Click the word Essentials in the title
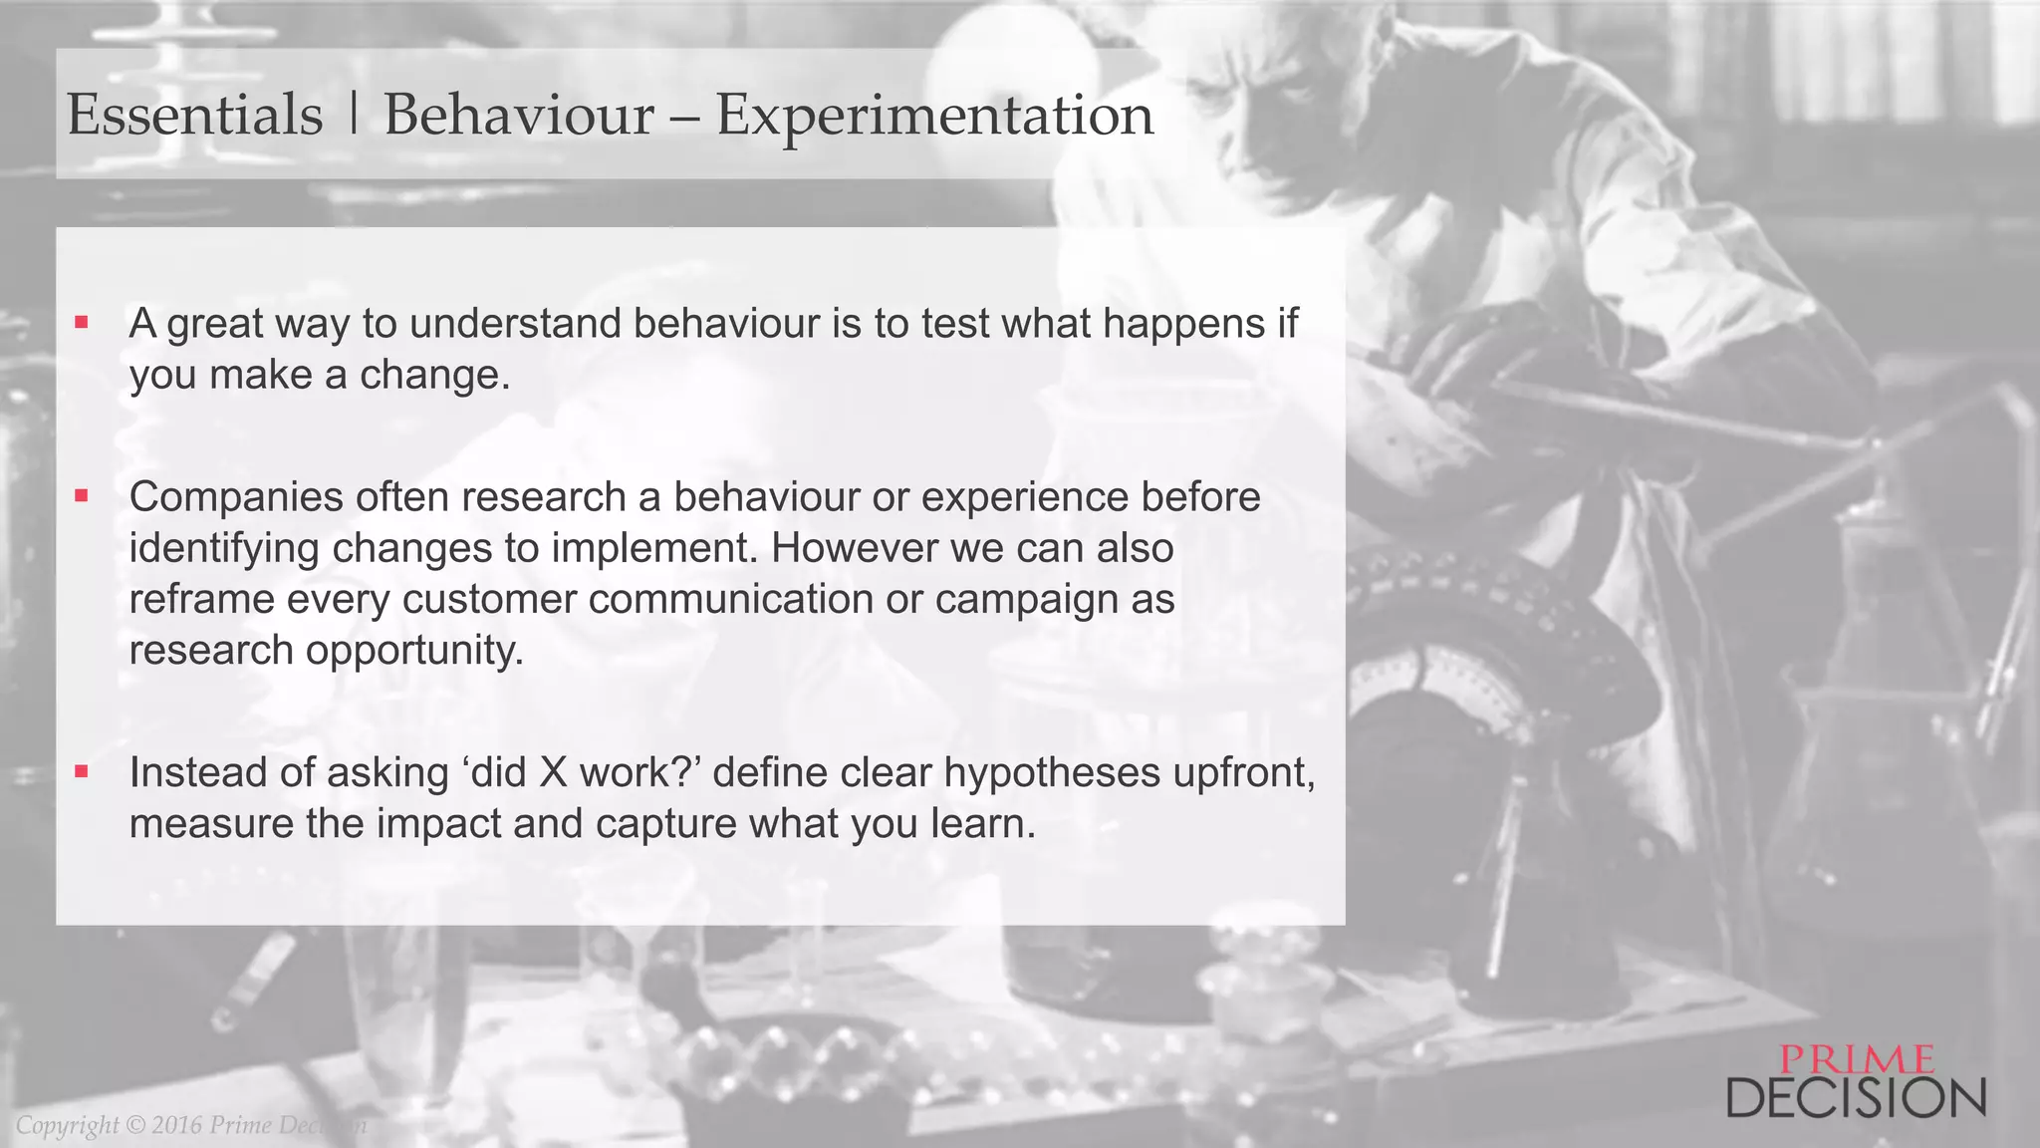(x=195, y=115)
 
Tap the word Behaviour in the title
(x=519, y=115)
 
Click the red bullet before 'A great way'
(x=82, y=322)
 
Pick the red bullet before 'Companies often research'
(x=82, y=495)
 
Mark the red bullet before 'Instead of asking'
(x=82, y=771)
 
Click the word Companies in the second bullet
(x=235, y=497)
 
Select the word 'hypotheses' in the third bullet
(x=1051, y=773)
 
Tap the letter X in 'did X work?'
(x=553, y=773)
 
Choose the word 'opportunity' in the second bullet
(x=413, y=651)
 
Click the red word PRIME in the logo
(x=1857, y=1059)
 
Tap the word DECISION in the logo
(x=1856, y=1098)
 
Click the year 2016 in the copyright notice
(x=176, y=1125)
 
